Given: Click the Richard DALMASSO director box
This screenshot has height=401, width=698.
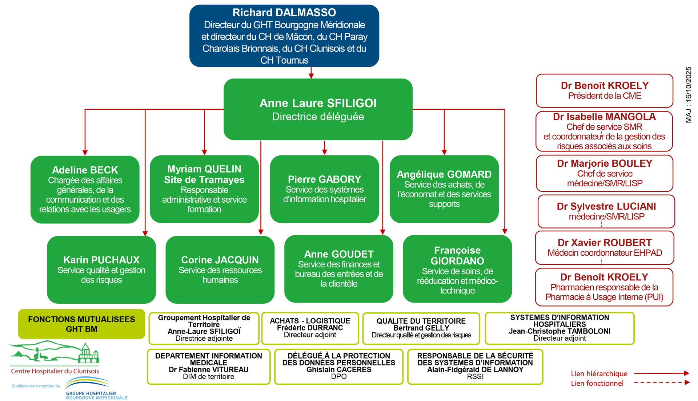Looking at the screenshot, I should (284, 36).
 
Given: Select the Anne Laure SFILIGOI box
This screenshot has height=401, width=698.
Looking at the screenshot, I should (318, 109).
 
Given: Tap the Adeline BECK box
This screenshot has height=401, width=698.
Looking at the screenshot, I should (85, 189).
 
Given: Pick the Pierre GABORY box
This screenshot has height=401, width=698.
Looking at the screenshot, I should (324, 189).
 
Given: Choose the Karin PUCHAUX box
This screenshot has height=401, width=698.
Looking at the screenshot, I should (101, 270).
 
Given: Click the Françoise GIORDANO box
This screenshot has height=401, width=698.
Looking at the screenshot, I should (457, 269).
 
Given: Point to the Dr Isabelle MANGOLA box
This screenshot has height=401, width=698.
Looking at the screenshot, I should (604, 131).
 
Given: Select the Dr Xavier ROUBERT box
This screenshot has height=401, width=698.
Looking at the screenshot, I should (604, 248).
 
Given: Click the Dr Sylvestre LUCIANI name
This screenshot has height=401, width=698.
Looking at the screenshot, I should (606, 206).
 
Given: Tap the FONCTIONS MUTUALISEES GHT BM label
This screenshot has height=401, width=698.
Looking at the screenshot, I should (81, 324).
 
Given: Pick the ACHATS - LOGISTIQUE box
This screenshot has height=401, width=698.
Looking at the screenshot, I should (310, 328).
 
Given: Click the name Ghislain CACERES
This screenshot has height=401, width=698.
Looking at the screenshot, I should (338, 370).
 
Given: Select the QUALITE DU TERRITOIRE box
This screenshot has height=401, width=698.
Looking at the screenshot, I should (421, 328).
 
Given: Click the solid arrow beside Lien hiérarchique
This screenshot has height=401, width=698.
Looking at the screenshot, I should (662, 373).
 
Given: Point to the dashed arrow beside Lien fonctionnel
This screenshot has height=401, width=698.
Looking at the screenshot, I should (662, 382).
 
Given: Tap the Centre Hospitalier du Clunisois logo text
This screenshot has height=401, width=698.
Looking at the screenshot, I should (55, 371).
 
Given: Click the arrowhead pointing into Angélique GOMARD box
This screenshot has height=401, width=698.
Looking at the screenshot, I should (444, 152).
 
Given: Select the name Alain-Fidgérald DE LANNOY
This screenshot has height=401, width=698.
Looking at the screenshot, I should (475, 370).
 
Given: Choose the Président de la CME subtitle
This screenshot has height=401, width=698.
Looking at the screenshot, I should (605, 96).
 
